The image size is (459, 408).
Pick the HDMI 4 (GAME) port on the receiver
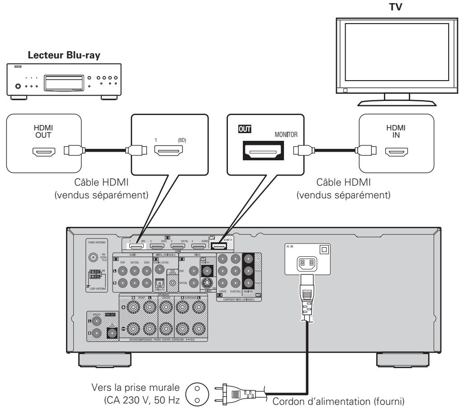(197, 247)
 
